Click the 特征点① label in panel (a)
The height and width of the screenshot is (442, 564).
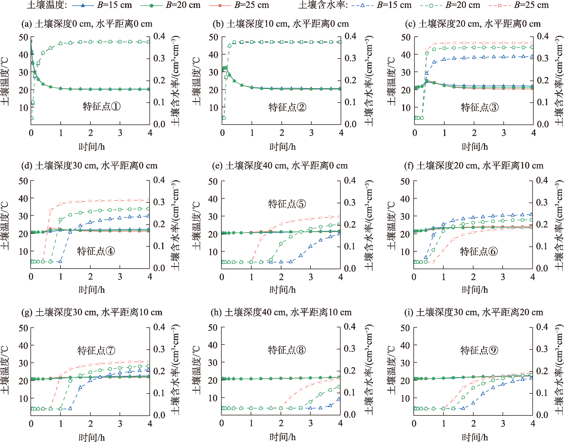(102, 106)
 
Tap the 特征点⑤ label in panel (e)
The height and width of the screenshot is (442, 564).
(287, 204)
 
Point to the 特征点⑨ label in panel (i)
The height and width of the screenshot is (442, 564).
(479, 350)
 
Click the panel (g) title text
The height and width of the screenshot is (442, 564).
(92, 312)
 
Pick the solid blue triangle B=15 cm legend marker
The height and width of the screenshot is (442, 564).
(83, 5)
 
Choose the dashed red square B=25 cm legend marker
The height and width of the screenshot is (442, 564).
(499, 5)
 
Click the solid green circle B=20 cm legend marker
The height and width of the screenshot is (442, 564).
(151, 5)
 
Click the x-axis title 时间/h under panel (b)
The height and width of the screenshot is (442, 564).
(283, 147)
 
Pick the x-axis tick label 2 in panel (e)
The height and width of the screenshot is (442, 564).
(281, 277)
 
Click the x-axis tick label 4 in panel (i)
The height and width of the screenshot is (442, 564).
(533, 424)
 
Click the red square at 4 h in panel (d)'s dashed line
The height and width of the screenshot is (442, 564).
(149, 200)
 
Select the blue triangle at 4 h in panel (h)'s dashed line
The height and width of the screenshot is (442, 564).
(339, 399)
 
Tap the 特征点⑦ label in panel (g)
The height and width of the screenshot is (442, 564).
(96, 350)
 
